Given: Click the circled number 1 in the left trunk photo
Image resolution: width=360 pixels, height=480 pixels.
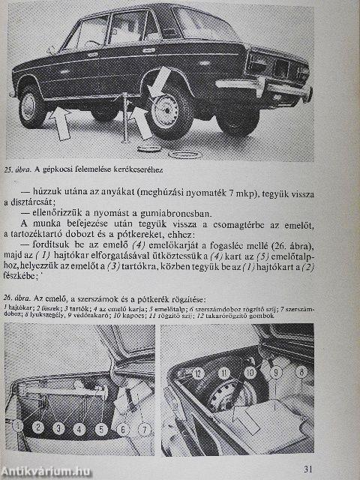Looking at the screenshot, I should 17,427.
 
